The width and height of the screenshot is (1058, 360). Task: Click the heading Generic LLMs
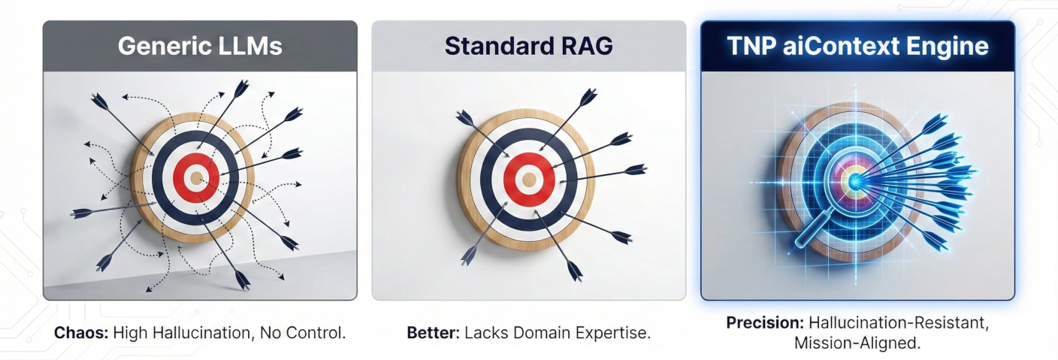200,46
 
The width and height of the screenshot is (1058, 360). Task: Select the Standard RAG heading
529,46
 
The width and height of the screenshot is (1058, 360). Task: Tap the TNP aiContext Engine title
858,46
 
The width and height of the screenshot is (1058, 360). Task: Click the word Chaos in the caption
80,332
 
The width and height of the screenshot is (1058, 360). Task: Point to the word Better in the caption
431,332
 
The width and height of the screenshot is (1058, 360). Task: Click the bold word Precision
764,324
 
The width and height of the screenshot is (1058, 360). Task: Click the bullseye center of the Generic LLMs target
196,178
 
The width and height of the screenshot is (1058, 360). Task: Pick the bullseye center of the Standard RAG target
529,178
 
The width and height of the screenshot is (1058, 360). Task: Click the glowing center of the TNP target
855,179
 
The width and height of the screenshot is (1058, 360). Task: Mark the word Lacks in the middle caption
485,332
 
